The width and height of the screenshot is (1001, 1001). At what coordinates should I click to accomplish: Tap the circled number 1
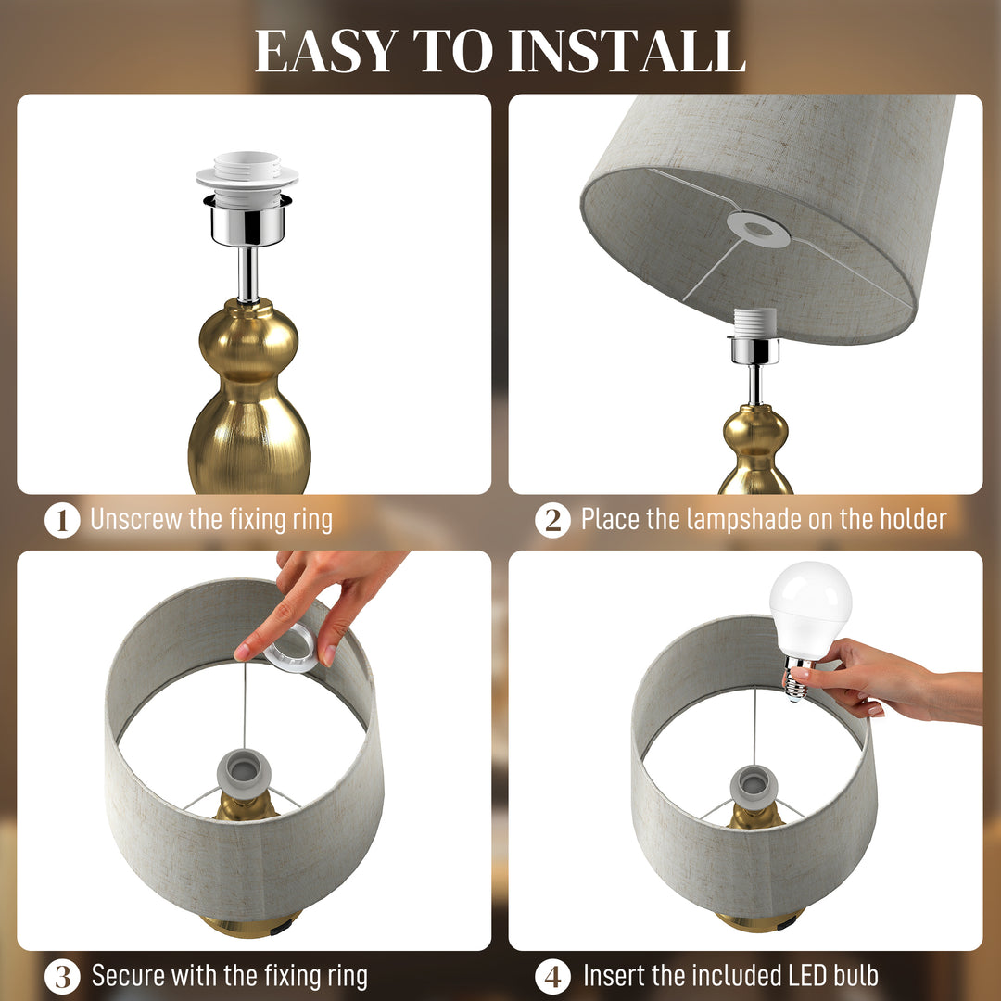point(62,520)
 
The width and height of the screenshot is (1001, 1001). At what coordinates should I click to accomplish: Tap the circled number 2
point(552,520)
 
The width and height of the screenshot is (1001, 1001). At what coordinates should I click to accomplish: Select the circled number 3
point(62,976)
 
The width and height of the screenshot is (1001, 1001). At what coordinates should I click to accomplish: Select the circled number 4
point(552,976)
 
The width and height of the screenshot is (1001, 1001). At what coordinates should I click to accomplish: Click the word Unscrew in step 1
point(136,519)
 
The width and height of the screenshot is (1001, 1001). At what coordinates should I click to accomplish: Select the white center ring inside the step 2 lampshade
point(758,229)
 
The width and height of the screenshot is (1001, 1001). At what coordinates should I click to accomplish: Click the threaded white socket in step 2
point(754,323)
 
